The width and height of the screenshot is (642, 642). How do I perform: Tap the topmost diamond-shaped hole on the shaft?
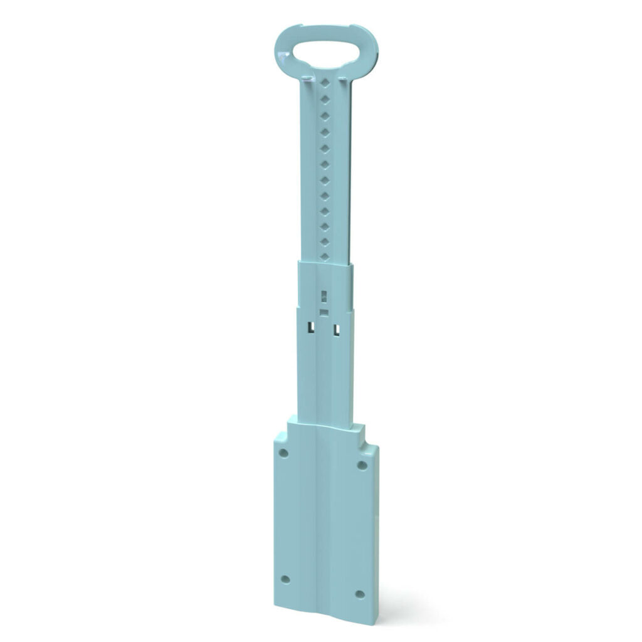(325, 83)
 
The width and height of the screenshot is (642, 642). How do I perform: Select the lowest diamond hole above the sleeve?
(324, 256)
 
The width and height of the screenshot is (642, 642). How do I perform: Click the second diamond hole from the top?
(325, 100)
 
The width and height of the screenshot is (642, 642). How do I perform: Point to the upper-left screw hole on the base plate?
(283, 452)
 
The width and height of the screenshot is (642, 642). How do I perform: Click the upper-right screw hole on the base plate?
(362, 465)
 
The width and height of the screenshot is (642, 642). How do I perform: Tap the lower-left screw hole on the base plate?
(285, 579)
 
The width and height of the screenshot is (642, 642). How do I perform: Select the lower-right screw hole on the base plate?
(360, 594)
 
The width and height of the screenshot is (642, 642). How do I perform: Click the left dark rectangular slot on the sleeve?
(310, 326)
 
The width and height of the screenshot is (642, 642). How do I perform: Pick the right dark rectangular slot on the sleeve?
(337, 329)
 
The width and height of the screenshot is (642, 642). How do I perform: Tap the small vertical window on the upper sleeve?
(324, 295)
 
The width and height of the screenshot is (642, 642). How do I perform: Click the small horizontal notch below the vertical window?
(324, 311)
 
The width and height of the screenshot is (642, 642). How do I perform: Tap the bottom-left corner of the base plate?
(276, 606)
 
